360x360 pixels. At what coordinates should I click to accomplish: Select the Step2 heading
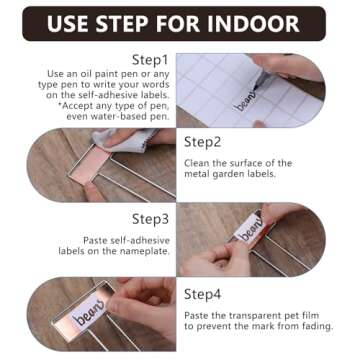tap(205, 142)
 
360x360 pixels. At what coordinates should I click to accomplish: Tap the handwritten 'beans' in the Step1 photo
tap(245, 101)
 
